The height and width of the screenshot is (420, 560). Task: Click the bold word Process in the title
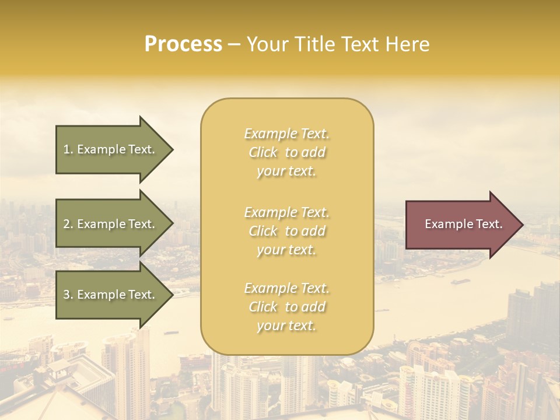coord(183,44)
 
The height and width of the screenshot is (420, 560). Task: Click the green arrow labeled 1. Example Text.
coord(111,149)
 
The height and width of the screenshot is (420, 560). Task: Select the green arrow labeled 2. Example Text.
coord(111,224)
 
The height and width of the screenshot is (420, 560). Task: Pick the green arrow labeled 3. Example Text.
coord(111,295)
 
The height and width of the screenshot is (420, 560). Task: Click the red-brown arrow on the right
coord(461,224)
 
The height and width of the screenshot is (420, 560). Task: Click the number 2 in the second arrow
coord(66,224)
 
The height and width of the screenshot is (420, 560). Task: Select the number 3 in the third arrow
coord(66,295)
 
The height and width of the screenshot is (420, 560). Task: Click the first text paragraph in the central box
coord(286,152)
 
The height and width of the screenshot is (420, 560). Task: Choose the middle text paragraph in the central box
coord(286,231)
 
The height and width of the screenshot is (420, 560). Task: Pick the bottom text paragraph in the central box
coord(286,307)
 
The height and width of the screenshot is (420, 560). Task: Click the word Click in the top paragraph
coord(263,152)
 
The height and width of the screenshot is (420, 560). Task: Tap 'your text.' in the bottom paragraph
coord(286,325)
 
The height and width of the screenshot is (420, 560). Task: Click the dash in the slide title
coord(234,45)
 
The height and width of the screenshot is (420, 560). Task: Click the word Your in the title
coord(265,44)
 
